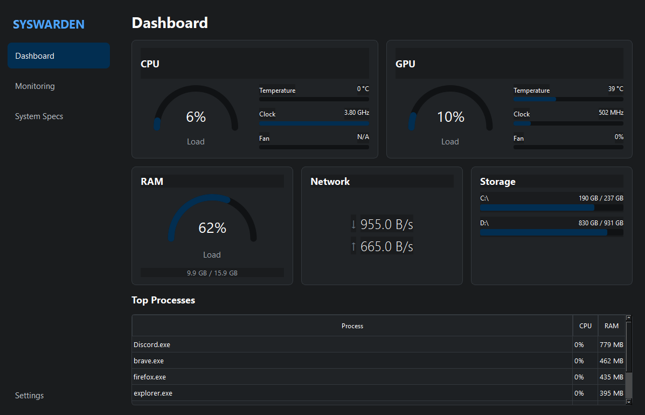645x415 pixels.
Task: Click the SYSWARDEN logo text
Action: click(x=48, y=24)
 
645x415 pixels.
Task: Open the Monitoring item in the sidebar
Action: click(x=35, y=86)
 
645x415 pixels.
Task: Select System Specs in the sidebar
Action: click(x=39, y=116)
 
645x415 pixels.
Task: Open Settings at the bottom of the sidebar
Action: click(x=29, y=395)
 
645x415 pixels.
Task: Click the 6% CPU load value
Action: click(x=196, y=117)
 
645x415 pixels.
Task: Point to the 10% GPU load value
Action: click(x=450, y=117)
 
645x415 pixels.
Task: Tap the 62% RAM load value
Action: click(x=212, y=228)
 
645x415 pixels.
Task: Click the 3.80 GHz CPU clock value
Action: click(x=357, y=113)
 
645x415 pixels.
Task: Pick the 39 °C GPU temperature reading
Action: click(x=616, y=89)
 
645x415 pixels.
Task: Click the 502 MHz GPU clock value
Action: click(x=611, y=113)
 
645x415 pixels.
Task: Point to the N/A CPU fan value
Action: click(x=363, y=136)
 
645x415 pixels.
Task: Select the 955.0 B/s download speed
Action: click(x=387, y=224)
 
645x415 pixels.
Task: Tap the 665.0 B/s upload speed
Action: click(x=387, y=246)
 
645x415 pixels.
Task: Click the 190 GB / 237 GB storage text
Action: click(x=601, y=198)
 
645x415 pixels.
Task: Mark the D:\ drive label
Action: click(x=484, y=223)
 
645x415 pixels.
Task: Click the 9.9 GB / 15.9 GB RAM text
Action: click(x=212, y=273)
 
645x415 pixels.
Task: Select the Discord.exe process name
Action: click(x=152, y=345)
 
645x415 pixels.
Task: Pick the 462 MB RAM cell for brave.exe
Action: click(x=611, y=361)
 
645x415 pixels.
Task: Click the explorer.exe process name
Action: click(x=153, y=393)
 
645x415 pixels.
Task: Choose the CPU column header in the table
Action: click(x=585, y=326)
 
